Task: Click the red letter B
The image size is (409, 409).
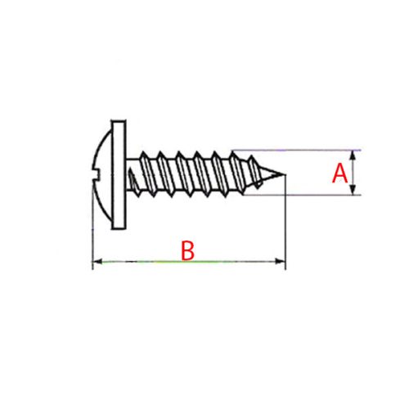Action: [x=187, y=249]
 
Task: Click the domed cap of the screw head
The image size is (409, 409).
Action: [x=102, y=172]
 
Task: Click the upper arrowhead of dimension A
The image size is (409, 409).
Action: [x=354, y=154]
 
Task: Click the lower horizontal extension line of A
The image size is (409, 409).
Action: [x=311, y=195]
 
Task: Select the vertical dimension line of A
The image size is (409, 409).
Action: [x=354, y=173]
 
